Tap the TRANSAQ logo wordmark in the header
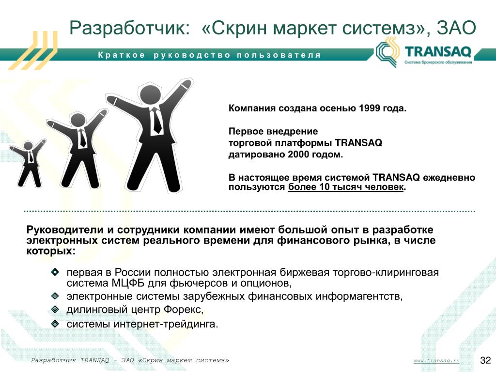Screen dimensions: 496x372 click(x=438, y=51)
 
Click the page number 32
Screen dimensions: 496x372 click(x=485, y=360)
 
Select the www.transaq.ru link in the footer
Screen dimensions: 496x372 click(x=436, y=360)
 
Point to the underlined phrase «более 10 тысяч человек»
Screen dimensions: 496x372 click(x=346, y=187)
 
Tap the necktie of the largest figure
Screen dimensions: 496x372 click(x=156, y=121)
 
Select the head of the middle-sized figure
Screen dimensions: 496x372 click(x=78, y=120)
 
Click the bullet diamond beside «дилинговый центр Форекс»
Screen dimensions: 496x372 click(x=55, y=310)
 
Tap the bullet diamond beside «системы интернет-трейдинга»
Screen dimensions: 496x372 click(x=55, y=324)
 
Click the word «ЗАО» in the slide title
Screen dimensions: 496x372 click(x=456, y=28)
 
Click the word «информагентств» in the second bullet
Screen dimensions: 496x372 click(x=358, y=296)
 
